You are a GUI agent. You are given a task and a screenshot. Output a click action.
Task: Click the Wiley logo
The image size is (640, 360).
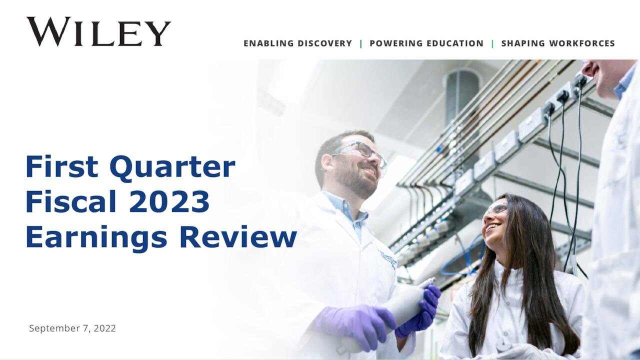tap(98, 31)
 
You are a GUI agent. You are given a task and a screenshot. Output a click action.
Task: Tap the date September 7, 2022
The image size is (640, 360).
tap(72, 328)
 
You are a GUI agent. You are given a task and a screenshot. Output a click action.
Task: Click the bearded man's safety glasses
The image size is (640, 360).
tap(361, 152)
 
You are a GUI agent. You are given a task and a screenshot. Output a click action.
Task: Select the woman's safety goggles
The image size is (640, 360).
tap(495, 210)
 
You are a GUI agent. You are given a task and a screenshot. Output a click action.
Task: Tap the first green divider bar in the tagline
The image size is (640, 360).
tap(361, 43)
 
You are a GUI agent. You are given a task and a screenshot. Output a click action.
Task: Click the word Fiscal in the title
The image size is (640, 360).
tap(70, 202)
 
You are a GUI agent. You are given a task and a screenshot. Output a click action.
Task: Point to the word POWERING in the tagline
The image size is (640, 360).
tap(397, 43)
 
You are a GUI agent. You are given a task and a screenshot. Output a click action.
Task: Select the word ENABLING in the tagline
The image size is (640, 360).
tap(268, 43)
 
